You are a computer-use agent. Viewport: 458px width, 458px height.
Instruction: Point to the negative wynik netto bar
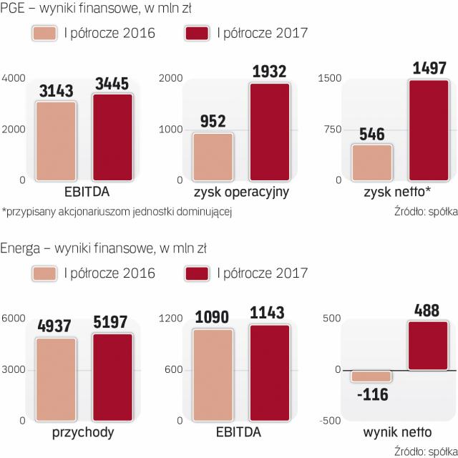pos(371,376)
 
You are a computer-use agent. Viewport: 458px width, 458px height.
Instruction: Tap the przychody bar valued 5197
pos(111,377)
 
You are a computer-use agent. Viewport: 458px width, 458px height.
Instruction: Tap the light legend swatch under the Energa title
pos(45,273)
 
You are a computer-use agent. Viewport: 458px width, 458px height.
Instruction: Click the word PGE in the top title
pos(14,9)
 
